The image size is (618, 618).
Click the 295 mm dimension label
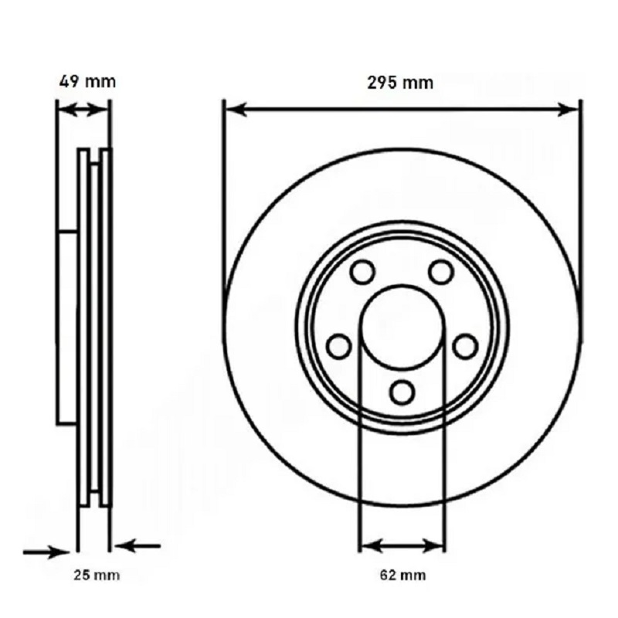(399, 83)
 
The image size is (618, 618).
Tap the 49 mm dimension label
(87, 82)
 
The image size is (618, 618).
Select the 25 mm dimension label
(97, 575)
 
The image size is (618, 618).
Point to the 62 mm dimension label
(402, 575)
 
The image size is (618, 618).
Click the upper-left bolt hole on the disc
(362, 272)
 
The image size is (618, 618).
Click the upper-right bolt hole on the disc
(440, 272)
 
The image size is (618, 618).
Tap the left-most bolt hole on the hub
(339, 346)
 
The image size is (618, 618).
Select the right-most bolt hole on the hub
(466, 346)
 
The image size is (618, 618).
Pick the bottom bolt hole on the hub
(402, 392)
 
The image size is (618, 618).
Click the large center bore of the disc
(402, 326)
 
